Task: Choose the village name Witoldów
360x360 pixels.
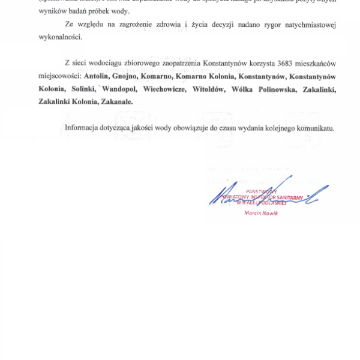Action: (208, 89)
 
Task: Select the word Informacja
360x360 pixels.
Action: (84, 128)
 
